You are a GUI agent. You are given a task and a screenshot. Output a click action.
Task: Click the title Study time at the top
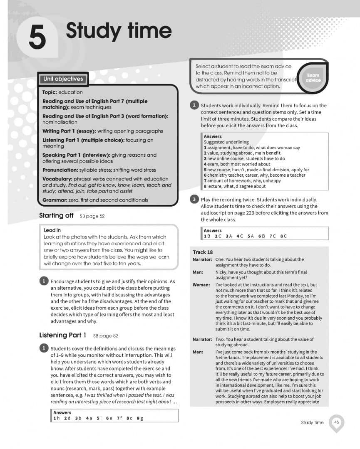click(119, 31)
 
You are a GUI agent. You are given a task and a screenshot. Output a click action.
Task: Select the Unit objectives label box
click(63, 79)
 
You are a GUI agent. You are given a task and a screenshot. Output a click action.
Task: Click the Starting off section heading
click(56, 216)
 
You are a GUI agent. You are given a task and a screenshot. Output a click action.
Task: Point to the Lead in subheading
click(52, 230)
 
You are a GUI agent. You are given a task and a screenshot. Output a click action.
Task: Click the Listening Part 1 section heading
click(63, 335)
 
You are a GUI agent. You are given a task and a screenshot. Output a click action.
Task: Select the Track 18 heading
click(203, 252)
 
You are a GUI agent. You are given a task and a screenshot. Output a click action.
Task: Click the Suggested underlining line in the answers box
click(226, 142)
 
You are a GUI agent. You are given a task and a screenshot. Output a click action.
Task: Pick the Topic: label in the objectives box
click(50, 92)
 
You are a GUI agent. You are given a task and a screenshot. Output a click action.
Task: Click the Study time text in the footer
click(312, 422)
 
